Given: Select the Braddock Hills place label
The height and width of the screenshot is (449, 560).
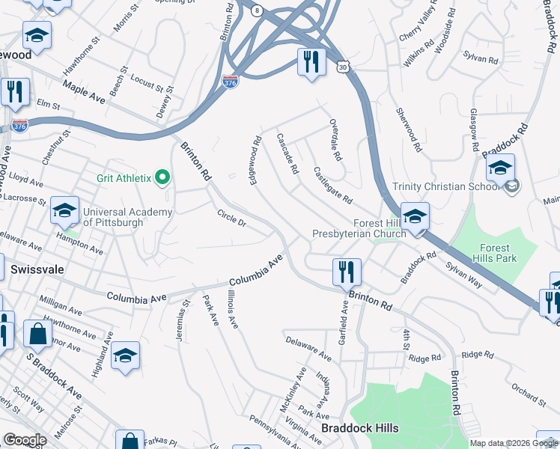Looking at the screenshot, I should coord(359,428).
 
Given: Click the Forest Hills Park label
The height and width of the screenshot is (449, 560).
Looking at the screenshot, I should coord(495,253).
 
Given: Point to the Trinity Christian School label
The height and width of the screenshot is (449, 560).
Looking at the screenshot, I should coord(445,186).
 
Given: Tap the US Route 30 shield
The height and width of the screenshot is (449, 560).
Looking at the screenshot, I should coord(342,67).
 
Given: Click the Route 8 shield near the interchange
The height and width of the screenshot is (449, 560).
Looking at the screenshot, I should coord(258,10).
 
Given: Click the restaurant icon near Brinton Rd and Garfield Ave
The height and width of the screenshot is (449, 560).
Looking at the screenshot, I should coord(346,271).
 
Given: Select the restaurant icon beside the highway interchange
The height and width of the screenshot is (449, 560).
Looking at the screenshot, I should coord(311,61).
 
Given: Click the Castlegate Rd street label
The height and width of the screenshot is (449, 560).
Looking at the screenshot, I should coord(332,186).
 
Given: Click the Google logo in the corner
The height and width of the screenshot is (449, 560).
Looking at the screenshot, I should coord(25,440).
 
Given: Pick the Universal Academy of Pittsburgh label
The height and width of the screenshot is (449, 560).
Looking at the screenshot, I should coord(127,217).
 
